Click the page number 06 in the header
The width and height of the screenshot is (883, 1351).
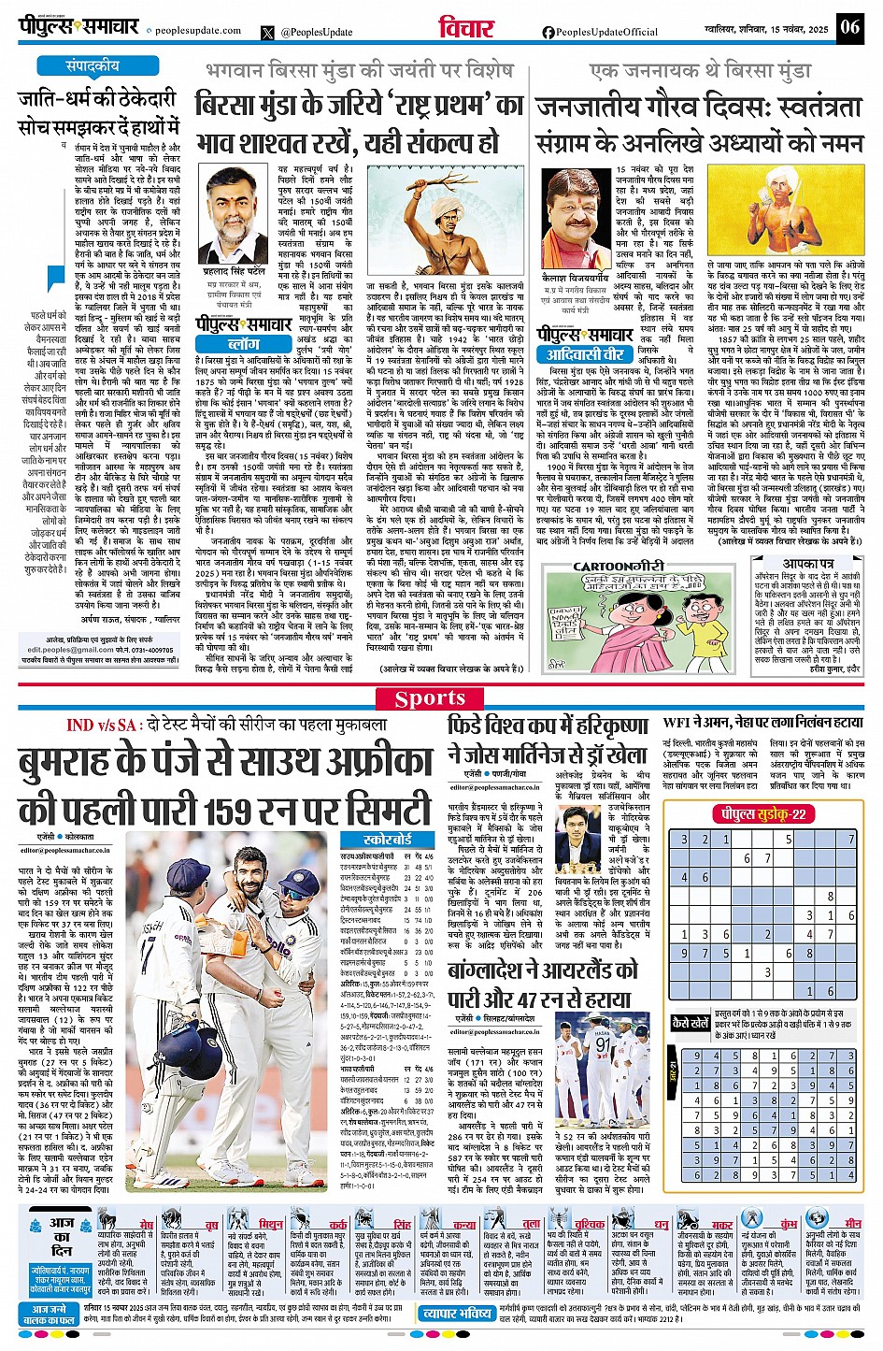click(x=849, y=26)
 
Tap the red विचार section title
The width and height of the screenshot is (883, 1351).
click(x=466, y=28)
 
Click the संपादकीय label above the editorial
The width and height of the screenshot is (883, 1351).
click(x=92, y=66)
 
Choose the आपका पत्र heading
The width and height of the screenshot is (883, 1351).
click(x=808, y=564)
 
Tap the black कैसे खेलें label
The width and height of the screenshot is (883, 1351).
click(x=691, y=1023)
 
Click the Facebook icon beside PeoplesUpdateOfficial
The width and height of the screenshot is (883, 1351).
click(x=548, y=32)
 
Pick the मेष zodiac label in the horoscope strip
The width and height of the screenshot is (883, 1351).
click(x=147, y=1224)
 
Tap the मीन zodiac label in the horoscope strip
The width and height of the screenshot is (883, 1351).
click(x=852, y=1223)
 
